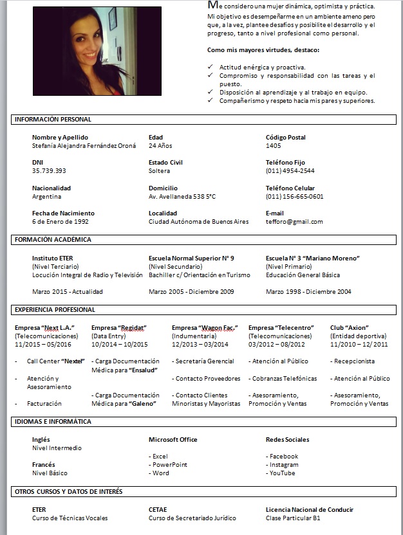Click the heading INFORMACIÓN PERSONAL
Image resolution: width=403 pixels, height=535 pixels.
(53, 120)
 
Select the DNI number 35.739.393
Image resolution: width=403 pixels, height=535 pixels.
(49, 171)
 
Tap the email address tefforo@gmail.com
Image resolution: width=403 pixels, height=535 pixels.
(294, 222)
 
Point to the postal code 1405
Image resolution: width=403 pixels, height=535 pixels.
(273, 146)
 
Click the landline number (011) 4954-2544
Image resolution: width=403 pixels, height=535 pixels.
(290, 171)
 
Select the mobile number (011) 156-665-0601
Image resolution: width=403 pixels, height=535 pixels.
(294, 197)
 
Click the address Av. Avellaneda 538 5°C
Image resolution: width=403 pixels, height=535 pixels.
(182, 197)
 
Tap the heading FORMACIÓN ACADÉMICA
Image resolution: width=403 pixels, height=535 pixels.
(53, 240)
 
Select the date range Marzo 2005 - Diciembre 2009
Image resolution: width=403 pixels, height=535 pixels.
(191, 292)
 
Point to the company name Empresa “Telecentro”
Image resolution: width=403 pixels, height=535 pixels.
(281, 328)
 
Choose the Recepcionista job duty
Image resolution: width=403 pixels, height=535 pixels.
(354, 361)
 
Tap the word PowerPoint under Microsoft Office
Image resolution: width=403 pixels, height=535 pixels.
(170, 465)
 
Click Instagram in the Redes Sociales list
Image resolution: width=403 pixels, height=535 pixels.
(284, 465)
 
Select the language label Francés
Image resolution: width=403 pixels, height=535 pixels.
(43, 465)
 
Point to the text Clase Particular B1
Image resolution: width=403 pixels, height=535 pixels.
(293, 518)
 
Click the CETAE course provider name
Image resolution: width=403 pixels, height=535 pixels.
(158, 510)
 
